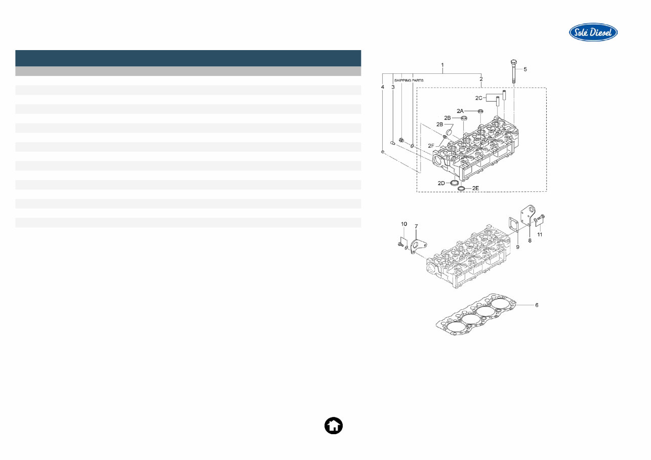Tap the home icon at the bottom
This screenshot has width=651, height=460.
(333, 426)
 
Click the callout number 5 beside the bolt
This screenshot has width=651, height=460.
(525, 69)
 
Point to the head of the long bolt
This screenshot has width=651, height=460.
(513, 63)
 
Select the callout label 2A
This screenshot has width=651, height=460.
(460, 110)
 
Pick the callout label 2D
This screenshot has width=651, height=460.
(441, 183)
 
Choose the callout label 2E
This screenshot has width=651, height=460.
(475, 188)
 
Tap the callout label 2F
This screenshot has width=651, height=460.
(431, 145)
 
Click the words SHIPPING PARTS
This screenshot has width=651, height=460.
(409, 80)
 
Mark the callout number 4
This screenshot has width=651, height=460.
(383, 87)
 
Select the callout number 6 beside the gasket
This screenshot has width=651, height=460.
(537, 305)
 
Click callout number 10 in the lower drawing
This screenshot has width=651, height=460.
(404, 224)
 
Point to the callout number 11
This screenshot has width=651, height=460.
(540, 235)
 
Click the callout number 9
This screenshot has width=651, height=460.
(518, 246)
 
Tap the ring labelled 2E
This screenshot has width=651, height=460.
(462, 189)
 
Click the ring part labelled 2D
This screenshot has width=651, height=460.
(455, 182)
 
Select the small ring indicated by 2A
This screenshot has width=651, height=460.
(480, 111)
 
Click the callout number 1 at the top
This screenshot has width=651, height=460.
(442, 65)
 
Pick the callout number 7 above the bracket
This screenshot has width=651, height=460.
(416, 226)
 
